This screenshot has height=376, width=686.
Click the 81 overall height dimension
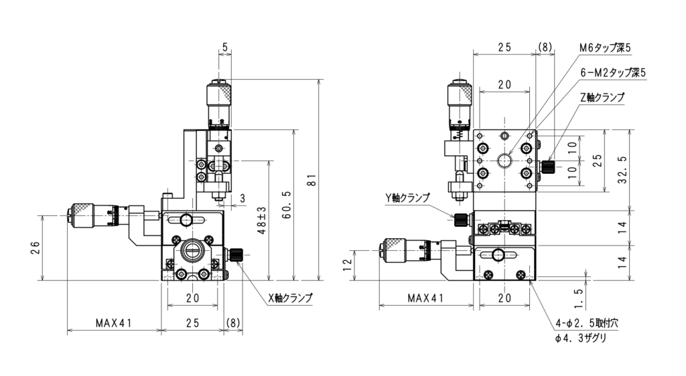[312, 180]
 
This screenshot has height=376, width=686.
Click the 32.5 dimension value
[624, 171]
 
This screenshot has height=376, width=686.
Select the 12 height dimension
[348, 265]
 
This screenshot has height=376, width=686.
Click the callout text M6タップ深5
[605, 48]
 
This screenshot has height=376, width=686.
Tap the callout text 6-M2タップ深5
[612, 73]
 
